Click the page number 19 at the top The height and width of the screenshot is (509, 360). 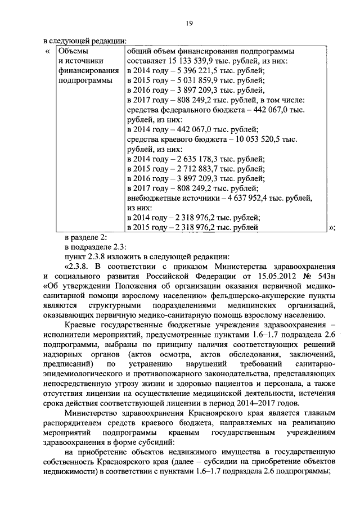click(x=190, y=22)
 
